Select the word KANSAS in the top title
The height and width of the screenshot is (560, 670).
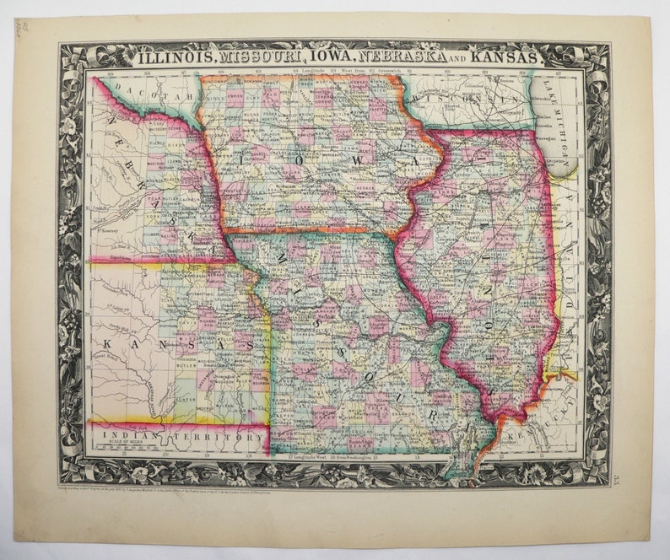coord(503,59)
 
